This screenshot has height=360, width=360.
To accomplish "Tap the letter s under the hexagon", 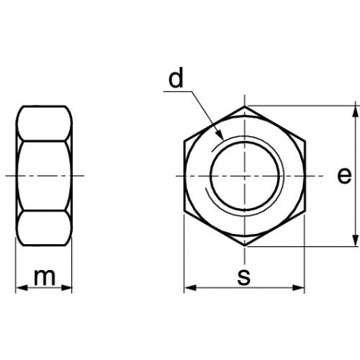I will (244, 276).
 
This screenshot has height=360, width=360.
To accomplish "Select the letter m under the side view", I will (45, 276).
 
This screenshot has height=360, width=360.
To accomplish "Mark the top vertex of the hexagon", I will (245, 107).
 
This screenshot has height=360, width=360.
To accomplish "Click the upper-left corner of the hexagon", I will (185, 141).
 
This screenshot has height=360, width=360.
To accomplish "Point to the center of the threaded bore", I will (245, 176).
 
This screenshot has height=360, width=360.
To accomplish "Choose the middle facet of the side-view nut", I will (44, 176).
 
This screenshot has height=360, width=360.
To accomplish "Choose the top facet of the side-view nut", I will (44, 123).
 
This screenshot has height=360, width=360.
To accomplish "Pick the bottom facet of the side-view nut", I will (44, 229).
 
